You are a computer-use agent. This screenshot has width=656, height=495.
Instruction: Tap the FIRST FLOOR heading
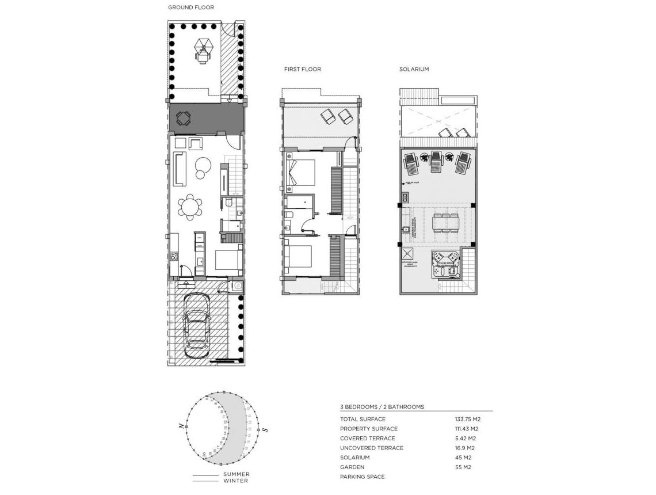(x=302, y=69)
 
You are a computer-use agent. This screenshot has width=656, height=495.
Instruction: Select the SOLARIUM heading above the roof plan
(x=414, y=69)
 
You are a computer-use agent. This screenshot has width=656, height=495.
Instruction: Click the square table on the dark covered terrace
(x=183, y=120)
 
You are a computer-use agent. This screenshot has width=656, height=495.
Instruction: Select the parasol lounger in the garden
(x=202, y=50)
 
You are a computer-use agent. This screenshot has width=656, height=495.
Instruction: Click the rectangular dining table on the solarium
(x=446, y=221)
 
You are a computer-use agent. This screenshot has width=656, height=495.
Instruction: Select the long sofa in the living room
(x=179, y=169)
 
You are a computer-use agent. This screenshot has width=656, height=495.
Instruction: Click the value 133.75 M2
(x=467, y=419)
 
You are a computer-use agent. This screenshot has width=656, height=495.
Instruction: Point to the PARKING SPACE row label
(x=362, y=477)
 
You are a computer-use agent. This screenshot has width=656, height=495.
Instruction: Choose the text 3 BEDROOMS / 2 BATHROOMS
(x=382, y=406)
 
